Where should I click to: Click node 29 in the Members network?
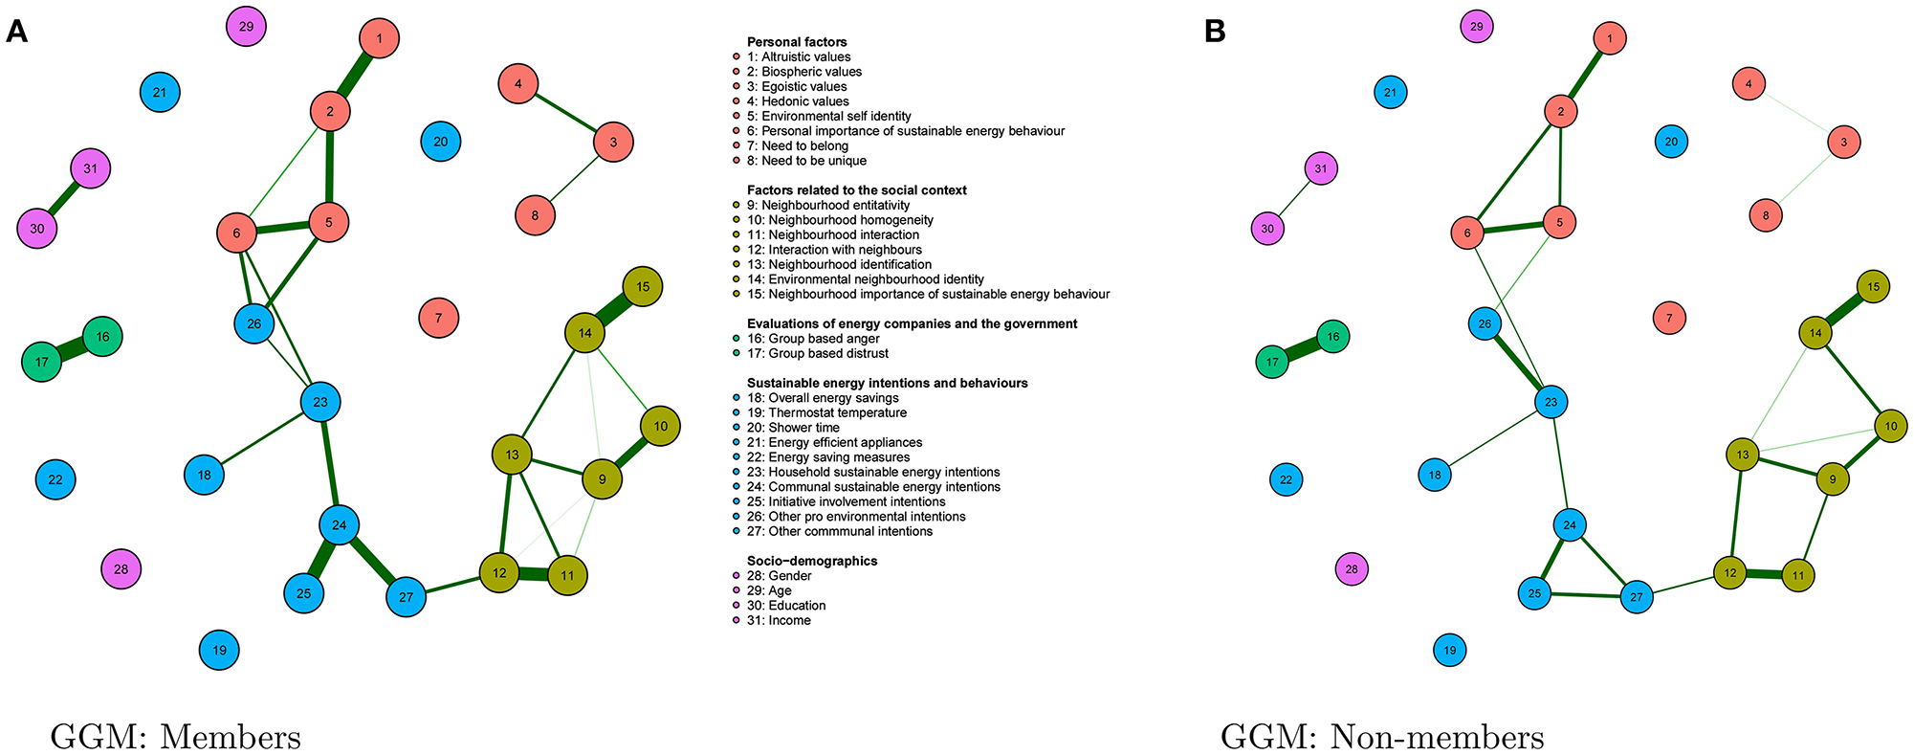pos(246,27)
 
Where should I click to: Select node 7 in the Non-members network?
pos(1669,318)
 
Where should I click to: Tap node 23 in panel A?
pos(320,402)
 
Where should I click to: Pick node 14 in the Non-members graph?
pos(1815,333)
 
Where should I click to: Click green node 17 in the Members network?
pos(42,363)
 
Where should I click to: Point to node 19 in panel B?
pos(1450,651)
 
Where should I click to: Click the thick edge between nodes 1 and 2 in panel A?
pos(355,76)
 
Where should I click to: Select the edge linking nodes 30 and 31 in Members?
pos(64,199)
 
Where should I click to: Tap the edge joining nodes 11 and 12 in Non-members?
pos(1764,575)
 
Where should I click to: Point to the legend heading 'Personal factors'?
pos(797,42)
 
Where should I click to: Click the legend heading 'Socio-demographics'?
pos(811,561)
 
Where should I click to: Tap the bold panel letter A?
pos(16,33)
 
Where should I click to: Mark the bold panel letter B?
pos(1215,33)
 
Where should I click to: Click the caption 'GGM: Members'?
pos(175,737)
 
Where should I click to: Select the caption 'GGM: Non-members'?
pos(1381,737)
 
